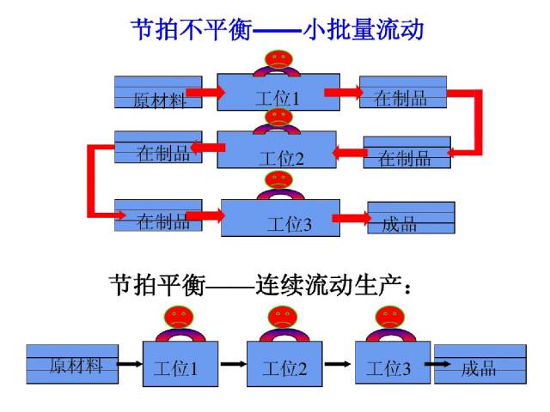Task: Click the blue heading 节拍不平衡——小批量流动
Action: [277, 30]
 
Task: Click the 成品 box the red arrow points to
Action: [411, 217]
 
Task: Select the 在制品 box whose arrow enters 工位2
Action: [406, 153]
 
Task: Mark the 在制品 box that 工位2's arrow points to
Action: [158, 148]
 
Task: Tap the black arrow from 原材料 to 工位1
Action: [129, 363]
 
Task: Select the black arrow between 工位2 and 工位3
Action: [337, 363]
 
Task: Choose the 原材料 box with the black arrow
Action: [71, 363]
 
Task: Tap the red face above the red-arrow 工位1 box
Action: [277, 61]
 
